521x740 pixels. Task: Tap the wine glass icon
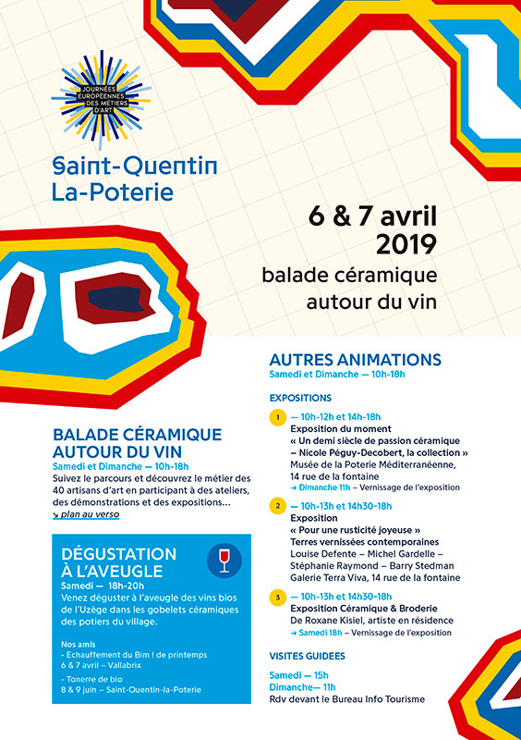223,558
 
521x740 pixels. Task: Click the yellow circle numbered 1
276,418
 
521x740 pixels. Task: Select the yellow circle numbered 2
276,506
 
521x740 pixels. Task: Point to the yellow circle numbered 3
276,597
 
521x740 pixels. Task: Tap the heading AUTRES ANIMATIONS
355,360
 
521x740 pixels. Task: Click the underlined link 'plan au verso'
86,514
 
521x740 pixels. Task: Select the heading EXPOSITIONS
300,398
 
